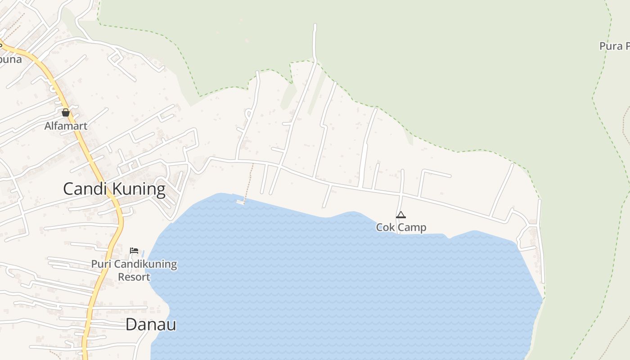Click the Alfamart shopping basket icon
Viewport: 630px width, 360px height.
coord(66,112)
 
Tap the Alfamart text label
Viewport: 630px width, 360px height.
coord(66,126)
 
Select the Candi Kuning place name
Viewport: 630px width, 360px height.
coord(114,189)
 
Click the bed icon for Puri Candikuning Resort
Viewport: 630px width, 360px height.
coord(134,251)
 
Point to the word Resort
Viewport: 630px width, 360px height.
coord(134,277)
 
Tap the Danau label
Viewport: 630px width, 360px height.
coord(151,324)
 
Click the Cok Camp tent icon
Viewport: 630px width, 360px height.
coord(400,215)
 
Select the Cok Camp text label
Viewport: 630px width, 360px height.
coord(401,227)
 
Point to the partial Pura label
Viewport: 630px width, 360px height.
coord(614,46)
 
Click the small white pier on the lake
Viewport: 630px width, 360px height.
coord(240,202)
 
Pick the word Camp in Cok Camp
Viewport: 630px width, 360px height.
coord(411,227)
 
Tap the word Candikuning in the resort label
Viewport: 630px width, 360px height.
coord(144,264)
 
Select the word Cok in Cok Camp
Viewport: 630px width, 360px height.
coord(385,227)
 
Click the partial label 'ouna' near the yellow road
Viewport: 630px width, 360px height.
coord(11,59)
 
